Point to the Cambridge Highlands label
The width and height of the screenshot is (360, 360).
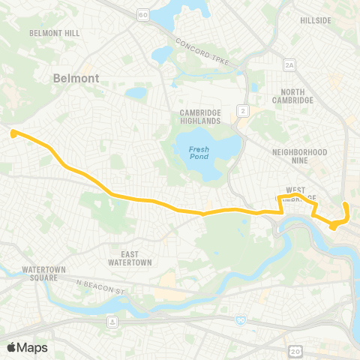[199, 116]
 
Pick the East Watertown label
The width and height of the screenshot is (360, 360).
[131, 258]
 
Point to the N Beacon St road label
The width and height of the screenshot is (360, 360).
[99, 286]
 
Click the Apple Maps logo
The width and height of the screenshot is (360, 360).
[27, 347]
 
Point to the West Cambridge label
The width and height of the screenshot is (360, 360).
[301, 194]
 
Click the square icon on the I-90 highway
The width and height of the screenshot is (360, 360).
[112, 322]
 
